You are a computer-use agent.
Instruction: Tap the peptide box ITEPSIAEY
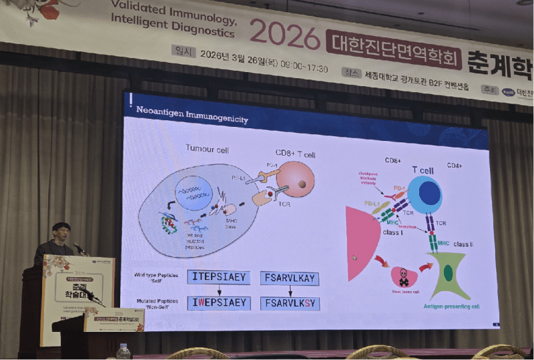(218, 277)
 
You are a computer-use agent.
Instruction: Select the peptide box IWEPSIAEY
(218, 303)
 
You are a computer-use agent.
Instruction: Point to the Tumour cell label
(207, 148)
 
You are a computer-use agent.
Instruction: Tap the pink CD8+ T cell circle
(295, 180)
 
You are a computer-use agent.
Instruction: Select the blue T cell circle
(425, 194)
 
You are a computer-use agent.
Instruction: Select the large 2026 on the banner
(284, 35)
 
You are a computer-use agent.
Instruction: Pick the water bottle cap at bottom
(123, 347)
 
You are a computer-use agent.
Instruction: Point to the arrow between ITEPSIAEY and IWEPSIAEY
(218, 290)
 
